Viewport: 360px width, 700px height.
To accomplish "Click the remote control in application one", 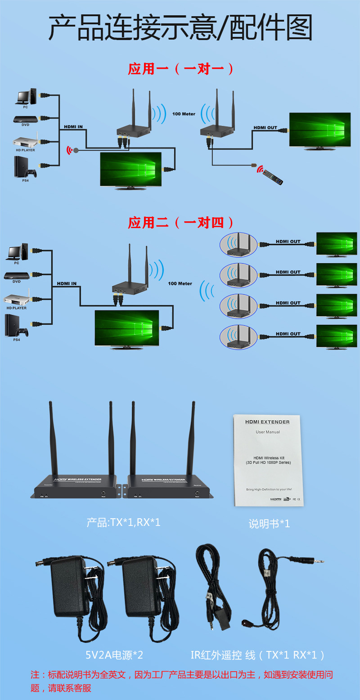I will point(273,176).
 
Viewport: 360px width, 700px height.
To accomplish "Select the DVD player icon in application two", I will point(17,275).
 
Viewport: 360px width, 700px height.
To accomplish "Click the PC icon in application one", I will point(25,96).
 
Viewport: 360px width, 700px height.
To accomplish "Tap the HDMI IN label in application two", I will point(67,283).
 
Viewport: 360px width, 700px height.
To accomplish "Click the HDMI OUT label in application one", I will point(265,128).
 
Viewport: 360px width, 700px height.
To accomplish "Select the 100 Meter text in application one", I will point(184,114).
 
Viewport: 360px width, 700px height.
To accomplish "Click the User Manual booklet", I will point(268,460).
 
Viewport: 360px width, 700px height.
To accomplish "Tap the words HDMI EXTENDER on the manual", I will point(267,422).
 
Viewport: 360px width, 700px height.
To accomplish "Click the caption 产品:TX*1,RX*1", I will point(123,522).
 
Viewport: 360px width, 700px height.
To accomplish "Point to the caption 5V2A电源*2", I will point(114,655).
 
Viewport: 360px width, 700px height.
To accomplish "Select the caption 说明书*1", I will point(269,524).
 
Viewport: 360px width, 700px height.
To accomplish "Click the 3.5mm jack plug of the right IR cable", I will point(315,561).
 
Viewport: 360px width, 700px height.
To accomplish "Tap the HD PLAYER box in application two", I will point(17,299).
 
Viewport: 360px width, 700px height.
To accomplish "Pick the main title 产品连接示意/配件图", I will point(180,28).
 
